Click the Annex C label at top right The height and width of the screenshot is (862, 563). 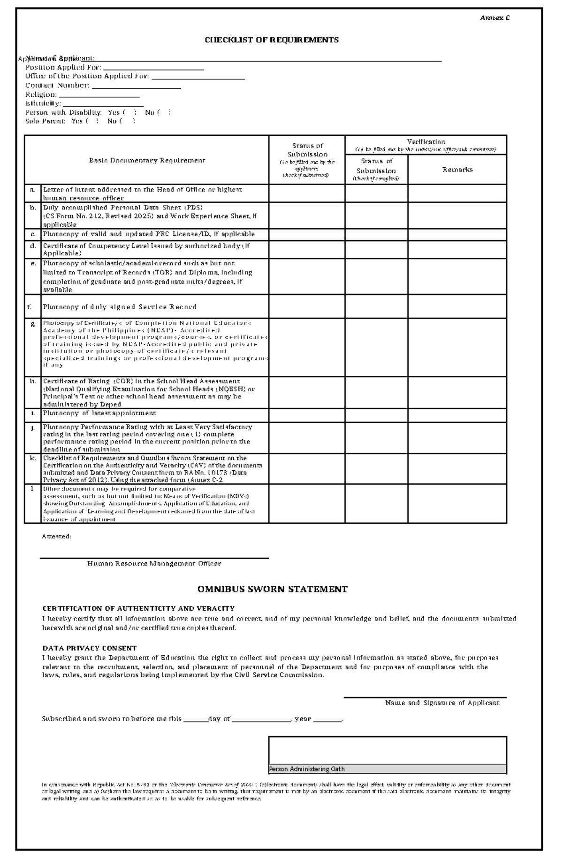(x=495, y=18)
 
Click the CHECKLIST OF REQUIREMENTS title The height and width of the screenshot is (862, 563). (x=272, y=40)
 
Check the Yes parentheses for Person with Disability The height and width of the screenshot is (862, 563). (x=129, y=113)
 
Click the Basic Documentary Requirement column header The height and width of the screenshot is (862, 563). (x=147, y=160)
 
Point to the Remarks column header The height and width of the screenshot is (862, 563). (x=457, y=170)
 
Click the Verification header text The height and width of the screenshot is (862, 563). (x=426, y=141)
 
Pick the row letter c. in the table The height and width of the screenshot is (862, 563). (x=33, y=234)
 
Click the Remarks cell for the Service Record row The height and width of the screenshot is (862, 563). (x=457, y=306)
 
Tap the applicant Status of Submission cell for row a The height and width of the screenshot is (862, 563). (x=307, y=193)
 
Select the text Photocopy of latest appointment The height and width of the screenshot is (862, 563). (x=99, y=413)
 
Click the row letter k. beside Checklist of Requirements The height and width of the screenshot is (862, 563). (x=33, y=458)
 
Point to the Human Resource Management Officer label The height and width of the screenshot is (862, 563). (x=154, y=563)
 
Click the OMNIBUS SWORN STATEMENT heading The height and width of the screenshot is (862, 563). (x=272, y=589)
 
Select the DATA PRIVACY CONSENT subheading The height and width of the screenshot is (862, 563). (x=89, y=648)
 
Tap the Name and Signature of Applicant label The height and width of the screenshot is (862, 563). (x=442, y=703)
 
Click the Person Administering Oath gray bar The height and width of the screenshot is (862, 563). (x=387, y=769)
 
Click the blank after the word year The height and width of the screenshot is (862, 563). (x=327, y=719)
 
